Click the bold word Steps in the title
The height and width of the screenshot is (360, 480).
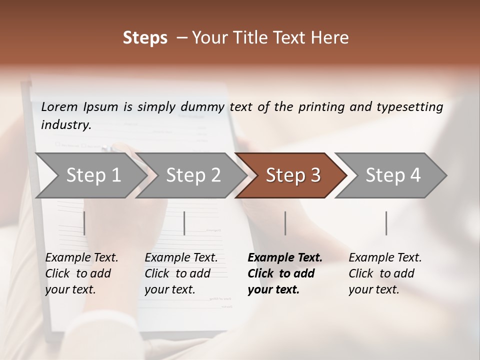point(145,38)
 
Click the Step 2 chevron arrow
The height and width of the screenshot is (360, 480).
point(193,175)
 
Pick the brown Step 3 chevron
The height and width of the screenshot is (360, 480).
point(292,175)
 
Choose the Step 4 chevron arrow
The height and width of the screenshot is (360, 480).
point(392,175)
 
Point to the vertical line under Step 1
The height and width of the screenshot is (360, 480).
point(84,223)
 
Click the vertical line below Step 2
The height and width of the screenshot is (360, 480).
point(184,223)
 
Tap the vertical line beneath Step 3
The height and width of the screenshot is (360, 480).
point(285,223)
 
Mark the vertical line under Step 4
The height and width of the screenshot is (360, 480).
point(386,223)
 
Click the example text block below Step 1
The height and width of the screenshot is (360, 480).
point(81,273)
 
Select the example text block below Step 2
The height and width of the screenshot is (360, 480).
point(181,273)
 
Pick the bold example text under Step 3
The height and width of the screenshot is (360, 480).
point(284,273)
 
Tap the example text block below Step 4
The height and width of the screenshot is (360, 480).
point(385,273)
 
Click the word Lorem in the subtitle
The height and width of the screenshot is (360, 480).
point(59,107)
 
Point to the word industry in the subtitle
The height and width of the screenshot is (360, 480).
point(66,125)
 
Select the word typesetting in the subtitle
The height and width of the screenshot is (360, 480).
point(409,107)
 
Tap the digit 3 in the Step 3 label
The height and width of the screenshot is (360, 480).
point(315,175)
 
